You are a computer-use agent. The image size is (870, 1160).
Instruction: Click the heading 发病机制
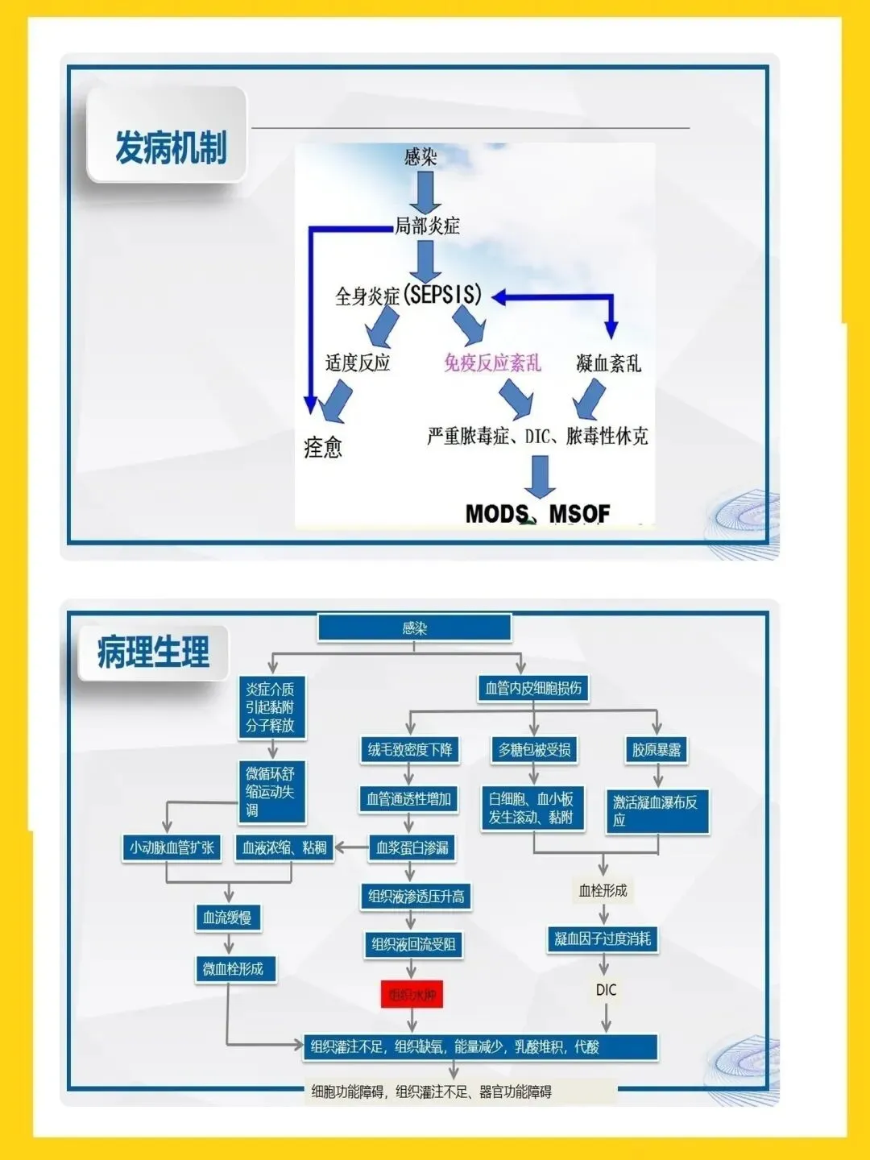pos(170,147)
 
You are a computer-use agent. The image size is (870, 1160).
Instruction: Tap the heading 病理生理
pos(153,652)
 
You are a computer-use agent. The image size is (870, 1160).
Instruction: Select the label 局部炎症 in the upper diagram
pos(427,226)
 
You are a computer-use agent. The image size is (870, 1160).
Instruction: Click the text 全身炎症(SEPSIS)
pos(408,296)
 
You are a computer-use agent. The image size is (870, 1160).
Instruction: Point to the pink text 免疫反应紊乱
pos(492,362)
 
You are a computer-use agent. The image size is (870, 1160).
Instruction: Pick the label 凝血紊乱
pos(609,363)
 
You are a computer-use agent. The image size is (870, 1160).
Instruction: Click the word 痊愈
pos(323,447)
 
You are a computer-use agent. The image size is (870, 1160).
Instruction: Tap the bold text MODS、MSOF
pos(537,513)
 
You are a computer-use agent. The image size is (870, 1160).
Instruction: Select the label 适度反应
pos(358,362)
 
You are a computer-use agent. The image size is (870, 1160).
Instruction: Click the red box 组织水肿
pos(412,995)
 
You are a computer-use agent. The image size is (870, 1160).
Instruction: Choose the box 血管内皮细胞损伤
pos(533,688)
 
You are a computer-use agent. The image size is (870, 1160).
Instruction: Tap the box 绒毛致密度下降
pos(410,750)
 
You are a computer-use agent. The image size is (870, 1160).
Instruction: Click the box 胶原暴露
pos(657,750)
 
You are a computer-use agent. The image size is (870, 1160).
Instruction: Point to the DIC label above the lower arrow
pos(606,989)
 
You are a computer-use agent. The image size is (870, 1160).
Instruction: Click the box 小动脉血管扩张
pos(172,847)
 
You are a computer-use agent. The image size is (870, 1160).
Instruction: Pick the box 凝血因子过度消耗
pos(603,938)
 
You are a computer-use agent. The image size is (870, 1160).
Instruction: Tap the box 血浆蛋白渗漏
pos(412,847)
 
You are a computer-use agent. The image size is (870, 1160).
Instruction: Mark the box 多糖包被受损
pos(534,750)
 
